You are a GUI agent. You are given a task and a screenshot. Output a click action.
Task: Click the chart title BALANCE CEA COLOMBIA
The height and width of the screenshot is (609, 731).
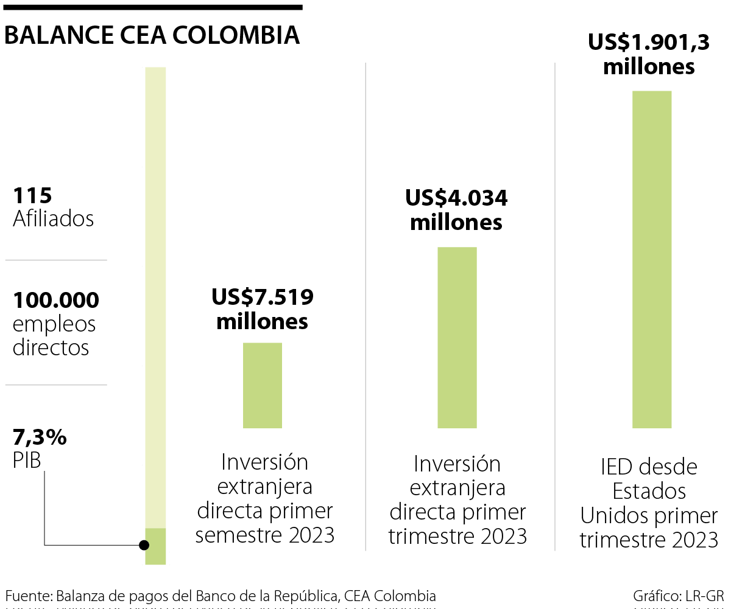[x=152, y=35]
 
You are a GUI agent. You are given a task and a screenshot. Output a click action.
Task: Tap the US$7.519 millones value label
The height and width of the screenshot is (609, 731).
[x=263, y=309]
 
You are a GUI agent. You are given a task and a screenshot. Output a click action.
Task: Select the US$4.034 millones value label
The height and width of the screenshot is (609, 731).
[x=456, y=210]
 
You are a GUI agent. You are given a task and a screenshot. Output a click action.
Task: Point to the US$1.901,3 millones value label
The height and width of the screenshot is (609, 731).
[x=649, y=54]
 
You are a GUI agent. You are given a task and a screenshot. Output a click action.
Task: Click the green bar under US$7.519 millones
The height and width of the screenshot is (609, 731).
[x=263, y=385]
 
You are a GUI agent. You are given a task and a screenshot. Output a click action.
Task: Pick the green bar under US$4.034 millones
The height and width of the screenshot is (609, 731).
[x=457, y=337]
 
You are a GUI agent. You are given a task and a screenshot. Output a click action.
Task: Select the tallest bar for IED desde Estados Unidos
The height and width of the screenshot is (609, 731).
[x=652, y=259]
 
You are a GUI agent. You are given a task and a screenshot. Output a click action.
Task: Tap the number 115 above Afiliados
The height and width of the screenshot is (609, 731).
[x=32, y=196]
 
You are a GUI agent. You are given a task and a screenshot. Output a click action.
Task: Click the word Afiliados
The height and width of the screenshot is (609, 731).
[x=54, y=219]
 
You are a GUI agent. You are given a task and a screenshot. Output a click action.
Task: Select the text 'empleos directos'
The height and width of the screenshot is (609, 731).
[x=54, y=336]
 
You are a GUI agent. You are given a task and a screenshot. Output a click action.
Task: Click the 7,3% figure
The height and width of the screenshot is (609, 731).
[x=40, y=437]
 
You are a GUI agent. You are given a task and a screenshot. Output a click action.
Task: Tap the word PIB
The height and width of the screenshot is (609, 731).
[x=27, y=461]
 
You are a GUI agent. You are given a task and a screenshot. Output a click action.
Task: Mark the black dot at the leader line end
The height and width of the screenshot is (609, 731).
[x=144, y=545]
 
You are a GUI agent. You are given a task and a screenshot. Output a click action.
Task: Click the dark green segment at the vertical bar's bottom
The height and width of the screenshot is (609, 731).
[x=155, y=546]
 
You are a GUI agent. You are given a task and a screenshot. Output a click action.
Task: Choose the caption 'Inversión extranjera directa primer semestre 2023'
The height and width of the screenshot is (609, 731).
[x=264, y=499]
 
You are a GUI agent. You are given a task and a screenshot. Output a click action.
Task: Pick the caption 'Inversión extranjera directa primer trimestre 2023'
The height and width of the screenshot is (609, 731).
[x=457, y=500]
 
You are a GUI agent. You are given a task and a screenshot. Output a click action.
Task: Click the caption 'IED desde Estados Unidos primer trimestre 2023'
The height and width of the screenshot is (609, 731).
[x=649, y=503]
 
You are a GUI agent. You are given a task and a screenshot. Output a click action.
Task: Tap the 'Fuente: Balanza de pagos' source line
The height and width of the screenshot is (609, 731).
[x=221, y=596]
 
